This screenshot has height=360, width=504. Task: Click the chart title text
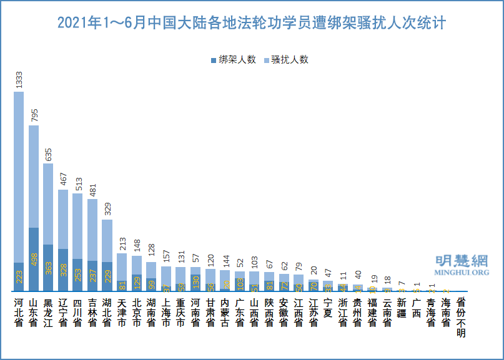click(x=252, y=24)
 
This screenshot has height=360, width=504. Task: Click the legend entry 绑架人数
click(x=234, y=60)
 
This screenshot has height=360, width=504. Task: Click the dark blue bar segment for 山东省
click(x=34, y=259)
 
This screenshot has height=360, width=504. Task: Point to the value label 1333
click(x=19, y=79)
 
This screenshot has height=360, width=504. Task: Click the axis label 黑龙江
click(x=48, y=312)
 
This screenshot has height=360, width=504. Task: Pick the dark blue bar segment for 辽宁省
click(x=63, y=270)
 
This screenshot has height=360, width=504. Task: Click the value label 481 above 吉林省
click(x=92, y=188)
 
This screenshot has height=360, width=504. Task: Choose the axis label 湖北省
click(x=107, y=312)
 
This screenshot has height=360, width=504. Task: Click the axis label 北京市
click(x=136, y=312)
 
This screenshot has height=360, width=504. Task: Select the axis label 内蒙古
click(x=225, y=312)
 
